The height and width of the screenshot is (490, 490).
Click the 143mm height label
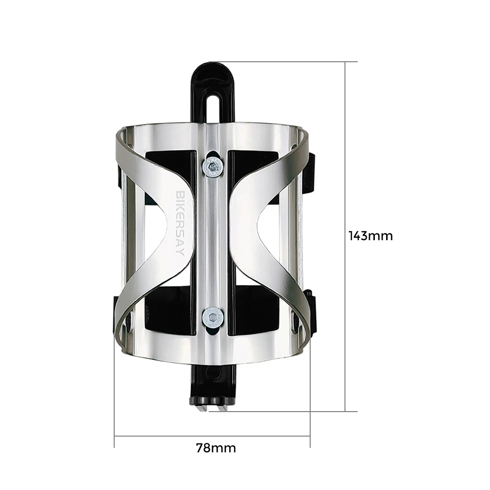tap(370, 236)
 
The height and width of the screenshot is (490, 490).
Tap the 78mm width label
tap(216, 448)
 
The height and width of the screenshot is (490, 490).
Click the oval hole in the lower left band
tap(131, 322)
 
